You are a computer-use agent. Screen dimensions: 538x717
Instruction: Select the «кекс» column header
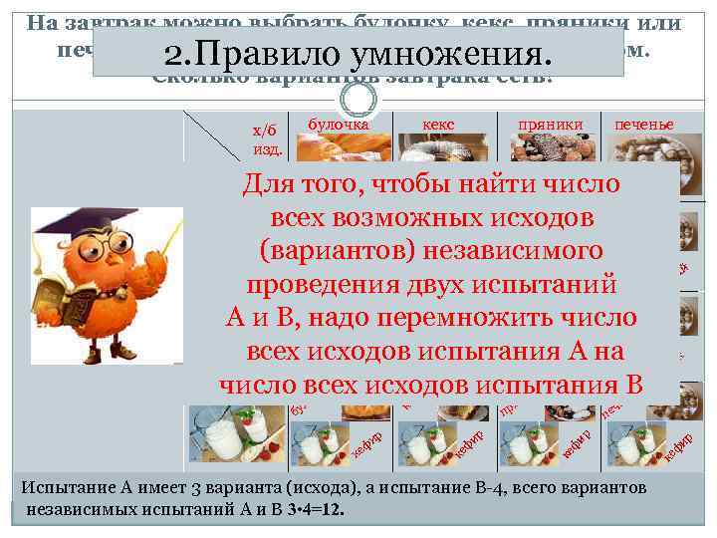(438, 125)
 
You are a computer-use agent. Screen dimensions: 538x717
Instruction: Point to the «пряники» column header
(550, 125)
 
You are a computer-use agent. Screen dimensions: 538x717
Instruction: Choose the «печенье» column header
(643, 125)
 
